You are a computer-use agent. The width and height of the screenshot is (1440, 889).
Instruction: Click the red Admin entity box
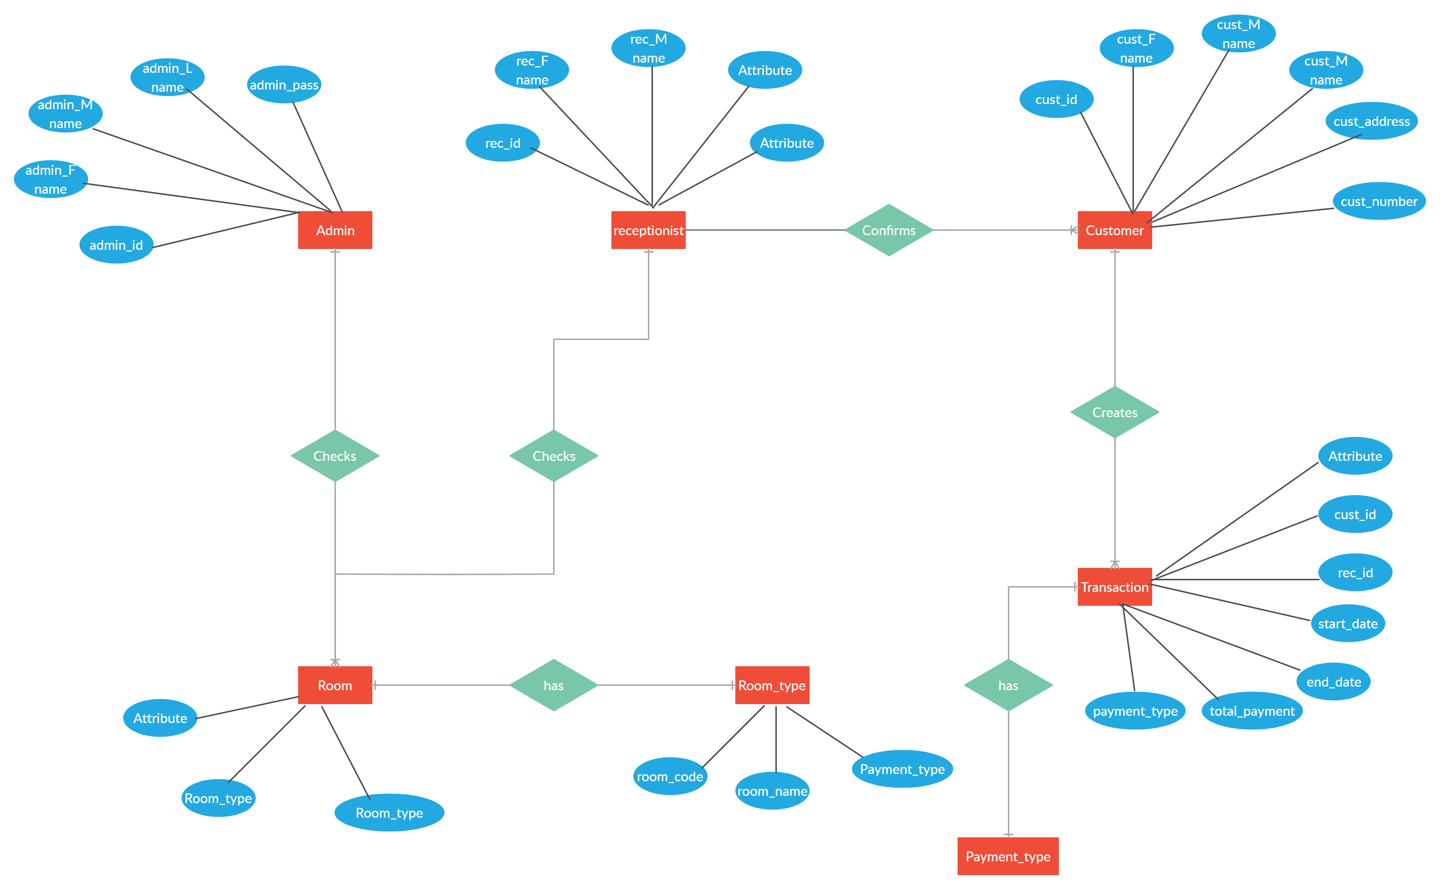point(335,230)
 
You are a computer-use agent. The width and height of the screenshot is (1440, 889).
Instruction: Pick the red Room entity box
point(335,685)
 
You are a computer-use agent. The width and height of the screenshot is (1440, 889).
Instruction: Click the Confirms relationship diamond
point(889,230)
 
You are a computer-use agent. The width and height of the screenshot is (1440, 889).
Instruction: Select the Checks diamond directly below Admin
point(335,456)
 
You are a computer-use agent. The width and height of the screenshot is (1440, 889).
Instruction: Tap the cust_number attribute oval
point(1379,201)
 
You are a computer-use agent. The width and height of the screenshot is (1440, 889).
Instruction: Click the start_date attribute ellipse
point(1347,623)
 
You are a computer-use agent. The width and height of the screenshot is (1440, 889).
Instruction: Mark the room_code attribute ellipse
point(670,776)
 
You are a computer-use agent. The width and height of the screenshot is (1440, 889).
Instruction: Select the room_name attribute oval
point(772,791)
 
